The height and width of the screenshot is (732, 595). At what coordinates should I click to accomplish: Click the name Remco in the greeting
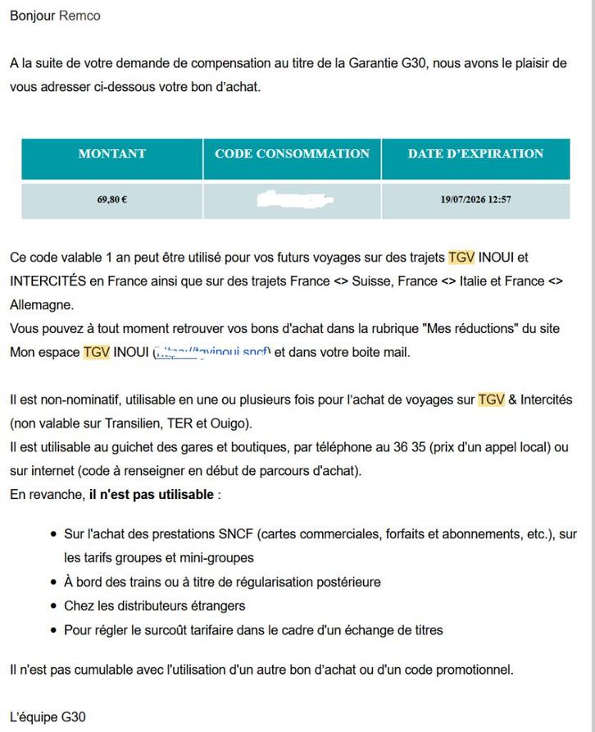coord(79,16)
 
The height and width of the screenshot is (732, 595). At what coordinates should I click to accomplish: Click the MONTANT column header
coord(111,153)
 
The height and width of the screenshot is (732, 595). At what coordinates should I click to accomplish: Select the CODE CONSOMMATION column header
coord(292,153)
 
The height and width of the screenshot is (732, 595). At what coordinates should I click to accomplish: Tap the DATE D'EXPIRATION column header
coord(475,153)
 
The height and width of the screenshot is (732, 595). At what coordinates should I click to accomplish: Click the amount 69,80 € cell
coord(111,199)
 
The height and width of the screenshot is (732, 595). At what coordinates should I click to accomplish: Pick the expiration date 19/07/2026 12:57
coord(475,199)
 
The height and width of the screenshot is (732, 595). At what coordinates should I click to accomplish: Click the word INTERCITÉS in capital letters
coord(48,281)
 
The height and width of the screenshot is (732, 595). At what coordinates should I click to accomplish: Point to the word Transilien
coord(116,423)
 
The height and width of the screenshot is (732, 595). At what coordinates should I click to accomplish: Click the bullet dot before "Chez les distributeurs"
coord(53,606)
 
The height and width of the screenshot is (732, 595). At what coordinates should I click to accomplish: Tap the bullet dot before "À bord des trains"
coord(53,583)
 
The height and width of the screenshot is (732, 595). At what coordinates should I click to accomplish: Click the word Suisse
coord(370,281)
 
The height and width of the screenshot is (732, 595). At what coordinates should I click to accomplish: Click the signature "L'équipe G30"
coord(48,717)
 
